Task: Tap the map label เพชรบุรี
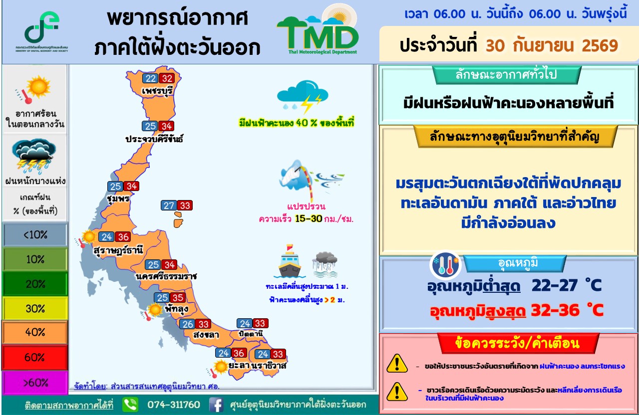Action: (x=157, y=91)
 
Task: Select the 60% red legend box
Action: (x=35, y=358)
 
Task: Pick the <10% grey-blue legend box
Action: (x=35, y=234)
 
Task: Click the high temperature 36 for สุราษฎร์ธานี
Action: (x=123, y=237)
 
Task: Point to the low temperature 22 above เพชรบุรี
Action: (x=150, y=78)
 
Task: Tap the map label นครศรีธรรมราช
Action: (x=166, y=276)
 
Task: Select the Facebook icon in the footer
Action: (x=216, y=405)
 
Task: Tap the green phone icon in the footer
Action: (x=130, y=405)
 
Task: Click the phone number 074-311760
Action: (x=173, y=405)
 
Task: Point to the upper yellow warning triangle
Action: (x=397, y=364)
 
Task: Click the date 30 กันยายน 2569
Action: (x=552, y=45)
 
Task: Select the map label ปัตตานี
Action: (x=251, y=334)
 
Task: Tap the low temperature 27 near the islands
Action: (x=169, y=206)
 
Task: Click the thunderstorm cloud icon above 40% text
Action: (x=303, y=96)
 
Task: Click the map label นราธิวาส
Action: (x=269, y=366)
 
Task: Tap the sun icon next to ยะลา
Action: (x=221, y=367)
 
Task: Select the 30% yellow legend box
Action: (x=35, y=308)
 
